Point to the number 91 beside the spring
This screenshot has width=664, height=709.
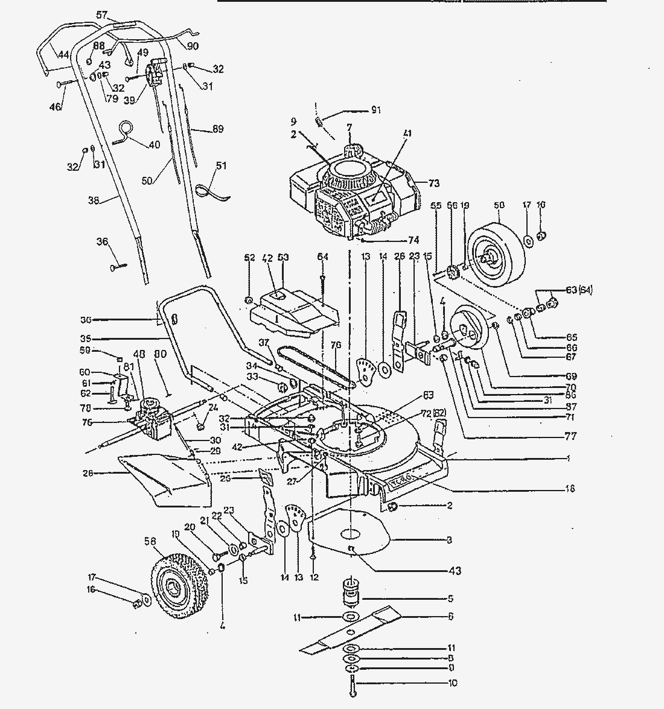pos(375,110)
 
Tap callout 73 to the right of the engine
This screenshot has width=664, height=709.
pos(434,183)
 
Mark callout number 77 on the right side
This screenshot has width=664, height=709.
pos(570,436)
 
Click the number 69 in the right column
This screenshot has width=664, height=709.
pos(570,377)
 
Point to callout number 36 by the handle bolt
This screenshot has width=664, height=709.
pos(102,242)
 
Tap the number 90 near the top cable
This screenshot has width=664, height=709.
pos(193,46)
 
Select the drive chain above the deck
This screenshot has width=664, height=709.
pos(314,369)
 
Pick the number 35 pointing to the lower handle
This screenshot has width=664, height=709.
pos(85,339)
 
